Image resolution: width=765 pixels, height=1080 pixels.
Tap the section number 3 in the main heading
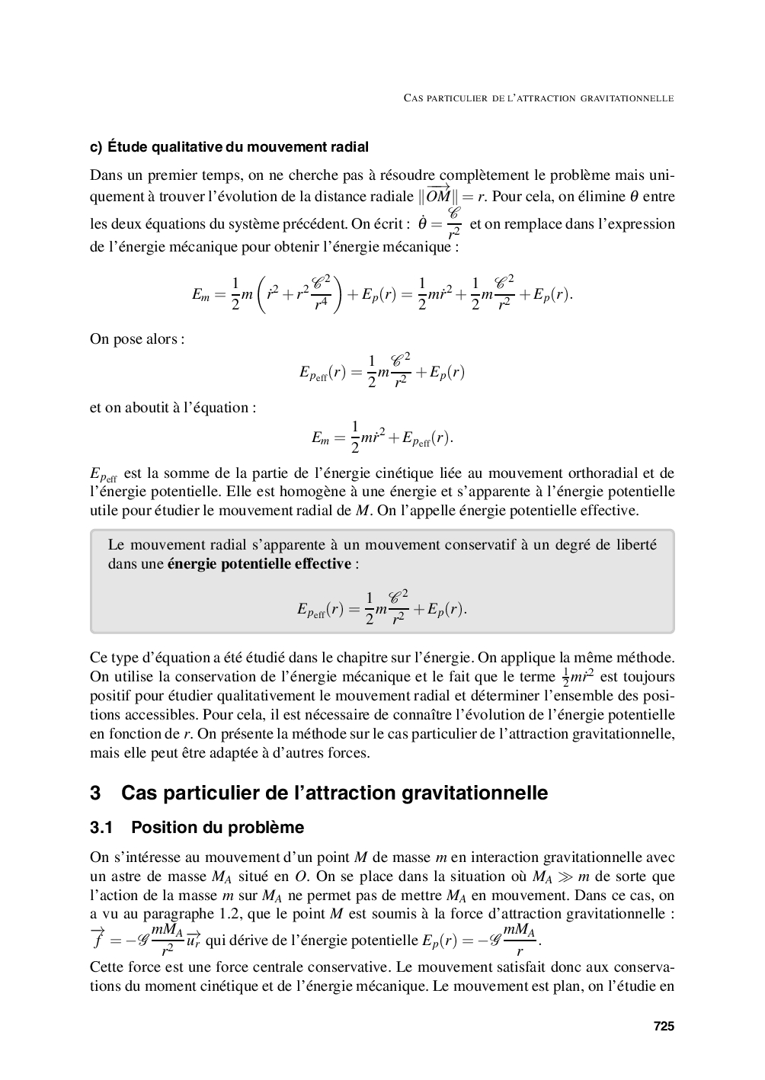(x=95, y=793)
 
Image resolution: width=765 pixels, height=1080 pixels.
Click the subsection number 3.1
(x=101, y=828)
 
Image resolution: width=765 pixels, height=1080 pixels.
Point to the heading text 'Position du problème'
(x=217, y=828)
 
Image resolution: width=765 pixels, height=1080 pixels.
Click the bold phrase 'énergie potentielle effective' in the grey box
(x=259, y=564)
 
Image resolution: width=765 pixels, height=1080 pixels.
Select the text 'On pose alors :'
(x=137, y=339)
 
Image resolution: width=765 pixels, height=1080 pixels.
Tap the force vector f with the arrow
(x=98, y=939)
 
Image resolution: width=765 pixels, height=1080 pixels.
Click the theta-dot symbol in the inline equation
(x=422, y=223)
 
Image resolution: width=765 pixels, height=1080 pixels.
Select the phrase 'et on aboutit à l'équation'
(x=172, y=408)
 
